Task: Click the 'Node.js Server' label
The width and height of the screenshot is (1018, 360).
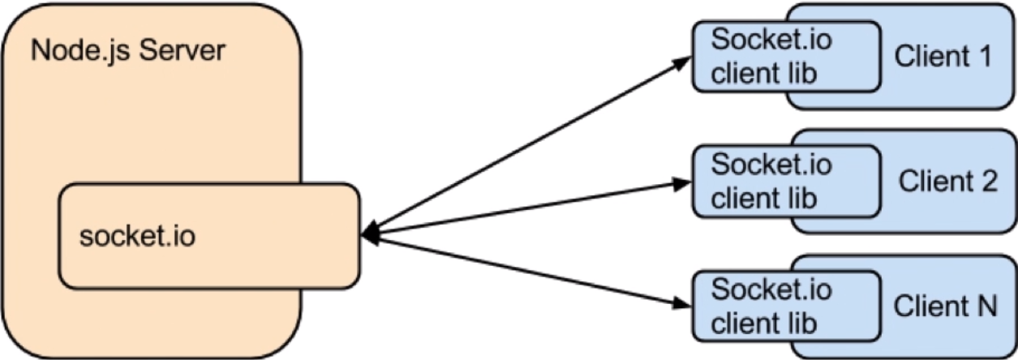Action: [x=127, y=52]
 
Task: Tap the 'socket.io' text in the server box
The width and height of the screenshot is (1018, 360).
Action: [x=137, y=238]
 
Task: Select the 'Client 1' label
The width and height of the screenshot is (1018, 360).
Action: [x=943, y=57]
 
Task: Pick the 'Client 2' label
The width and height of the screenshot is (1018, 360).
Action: [x=947, y=181]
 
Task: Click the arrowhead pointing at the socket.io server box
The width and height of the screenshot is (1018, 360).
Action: [x=367, y=236]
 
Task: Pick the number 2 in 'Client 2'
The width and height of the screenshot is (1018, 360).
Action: [x=988, y=181]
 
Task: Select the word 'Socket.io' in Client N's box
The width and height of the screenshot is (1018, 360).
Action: [x=771, y=289]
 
